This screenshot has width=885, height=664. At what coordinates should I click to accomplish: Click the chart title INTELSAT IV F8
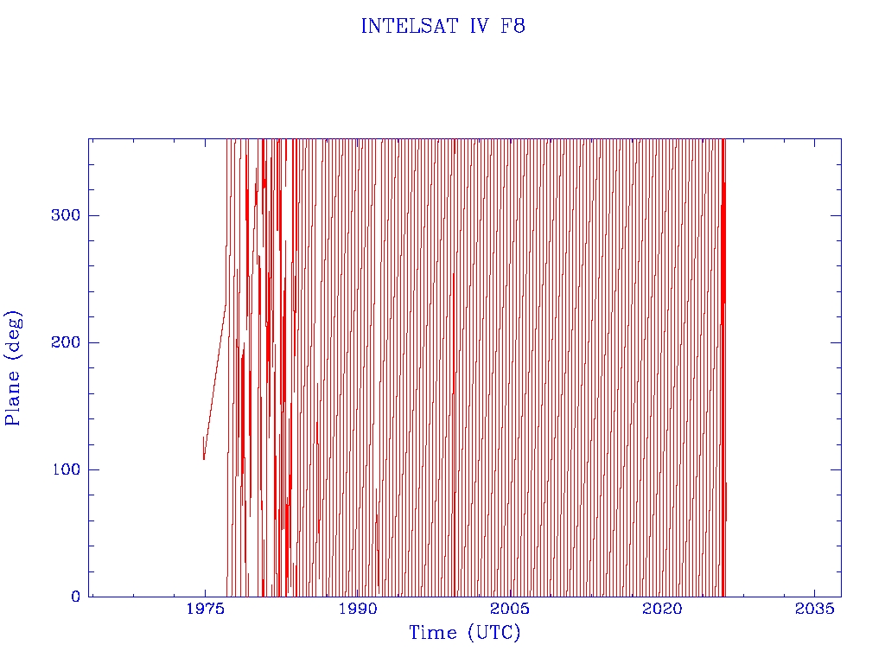click(442, 27)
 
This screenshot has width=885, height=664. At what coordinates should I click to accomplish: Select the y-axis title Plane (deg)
click(14, 367)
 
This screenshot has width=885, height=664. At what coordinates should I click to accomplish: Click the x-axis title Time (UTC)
click(465, 634)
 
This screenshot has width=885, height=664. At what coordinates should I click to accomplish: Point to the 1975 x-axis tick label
click(205, 609)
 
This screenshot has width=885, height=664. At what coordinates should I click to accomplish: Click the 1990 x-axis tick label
click(358, 609)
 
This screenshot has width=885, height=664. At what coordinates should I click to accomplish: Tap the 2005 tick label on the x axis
click(510, 609)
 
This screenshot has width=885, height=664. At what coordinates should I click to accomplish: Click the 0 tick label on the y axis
click(76, 597)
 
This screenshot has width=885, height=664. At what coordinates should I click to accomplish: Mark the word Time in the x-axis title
click(433, 633)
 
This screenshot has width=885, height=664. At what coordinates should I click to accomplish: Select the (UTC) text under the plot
click(493, 634)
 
